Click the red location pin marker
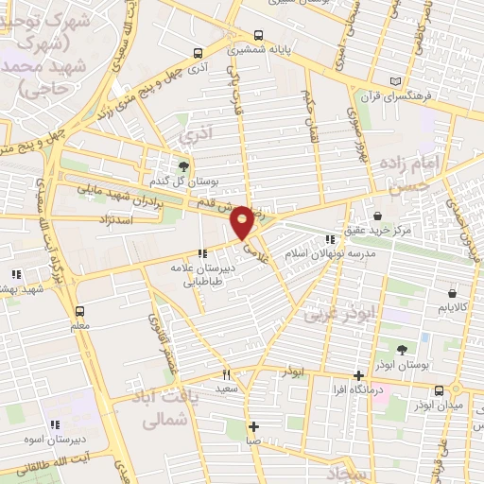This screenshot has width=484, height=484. (x=243, y=222)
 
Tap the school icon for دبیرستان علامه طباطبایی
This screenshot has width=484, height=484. (x=200, y=252)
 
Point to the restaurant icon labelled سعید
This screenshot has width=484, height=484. (x=226, y=374)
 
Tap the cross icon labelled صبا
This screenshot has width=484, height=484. (x=252, y=424)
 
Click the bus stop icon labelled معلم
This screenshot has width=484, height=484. (x=79, y=309)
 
